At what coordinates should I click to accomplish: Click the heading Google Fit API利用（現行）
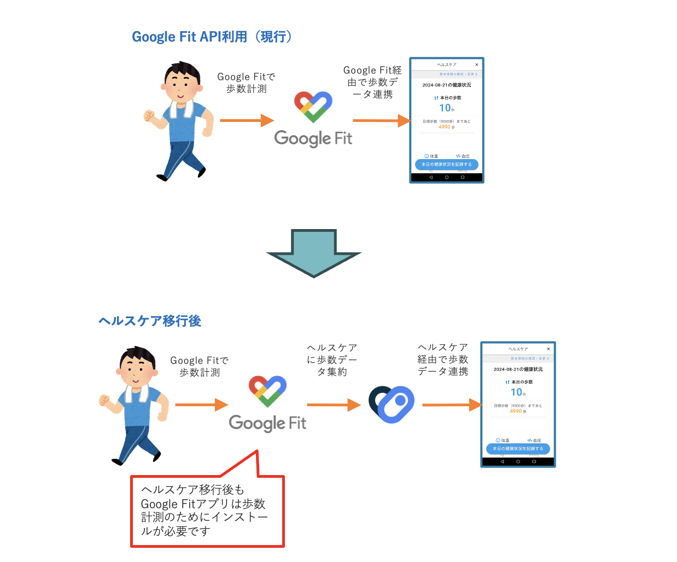[212, 37]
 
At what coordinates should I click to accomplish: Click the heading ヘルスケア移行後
[150, 321]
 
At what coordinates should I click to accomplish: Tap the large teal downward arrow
[314, 253]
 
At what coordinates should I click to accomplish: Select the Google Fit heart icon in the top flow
[313, 107]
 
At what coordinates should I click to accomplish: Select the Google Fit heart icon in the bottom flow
[267, 391]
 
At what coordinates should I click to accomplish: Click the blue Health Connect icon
[392, 404]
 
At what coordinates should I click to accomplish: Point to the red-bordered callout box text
[205, 510]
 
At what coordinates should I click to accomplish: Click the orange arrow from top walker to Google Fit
[246, 120]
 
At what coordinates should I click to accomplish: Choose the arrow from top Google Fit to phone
[381, 120]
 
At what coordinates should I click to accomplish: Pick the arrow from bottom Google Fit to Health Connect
[333, 405]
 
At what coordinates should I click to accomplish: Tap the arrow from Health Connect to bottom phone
[451, 405]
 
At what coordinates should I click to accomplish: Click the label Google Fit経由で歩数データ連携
[372, 82]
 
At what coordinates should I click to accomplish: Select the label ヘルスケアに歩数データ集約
[332, 360]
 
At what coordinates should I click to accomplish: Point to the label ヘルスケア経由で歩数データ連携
[443, 359]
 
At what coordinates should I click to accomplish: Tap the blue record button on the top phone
[446, 164]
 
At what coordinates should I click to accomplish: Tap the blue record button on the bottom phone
[518, 448]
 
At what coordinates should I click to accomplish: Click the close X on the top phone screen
[477, 65]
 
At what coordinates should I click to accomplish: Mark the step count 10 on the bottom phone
[516, 392]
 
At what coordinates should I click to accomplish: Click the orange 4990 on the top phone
[445, 127]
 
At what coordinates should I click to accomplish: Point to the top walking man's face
[181, 85]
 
